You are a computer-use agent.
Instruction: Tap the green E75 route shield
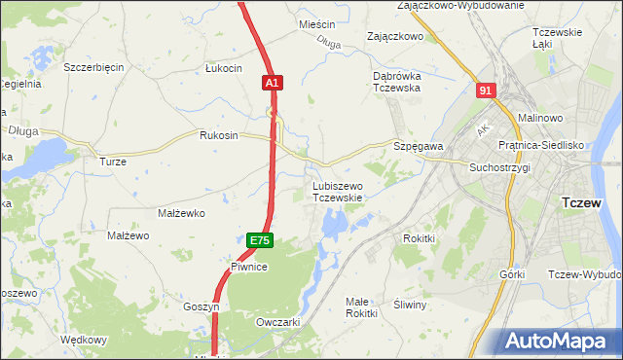pos(258,240)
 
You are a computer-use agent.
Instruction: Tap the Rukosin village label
pos(218,135)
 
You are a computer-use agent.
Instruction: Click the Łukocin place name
pos(223,68)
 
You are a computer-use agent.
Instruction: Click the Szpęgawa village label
pos(419,146)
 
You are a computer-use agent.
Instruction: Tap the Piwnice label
pos(249,266)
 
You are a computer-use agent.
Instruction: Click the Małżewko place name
pos(179,212)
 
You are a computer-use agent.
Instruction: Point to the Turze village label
pos(114,162)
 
